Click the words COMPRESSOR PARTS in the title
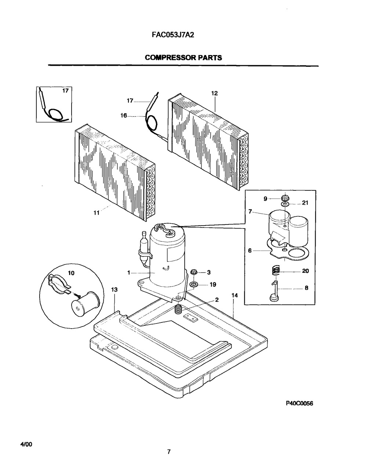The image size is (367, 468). (183, 58)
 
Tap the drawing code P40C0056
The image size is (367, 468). (299, 403)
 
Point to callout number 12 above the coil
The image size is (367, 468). (214, 93)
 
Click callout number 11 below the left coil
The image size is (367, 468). (96, 213)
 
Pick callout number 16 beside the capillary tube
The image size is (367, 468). (124, 116)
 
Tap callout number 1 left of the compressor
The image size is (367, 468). (129, 273)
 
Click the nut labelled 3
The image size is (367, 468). (193, 272)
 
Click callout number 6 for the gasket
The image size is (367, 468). (250, 251)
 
